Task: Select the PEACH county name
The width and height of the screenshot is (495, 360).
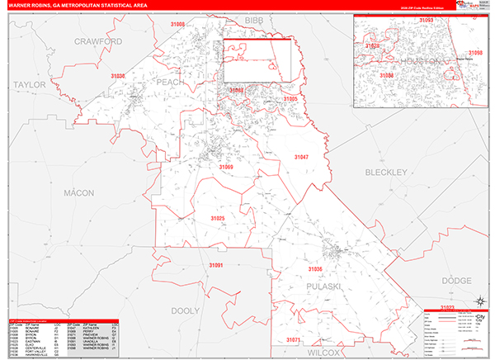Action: [x=170, y=83]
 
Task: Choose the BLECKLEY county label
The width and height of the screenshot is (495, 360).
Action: [x=386, y=173]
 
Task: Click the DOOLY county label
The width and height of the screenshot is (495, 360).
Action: [x=186, y=310]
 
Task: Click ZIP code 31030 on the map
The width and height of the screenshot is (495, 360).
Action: [x=118, y=76]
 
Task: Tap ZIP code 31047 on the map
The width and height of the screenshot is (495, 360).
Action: [x=301, y=157]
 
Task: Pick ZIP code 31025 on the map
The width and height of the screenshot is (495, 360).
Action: [x=217, y=218]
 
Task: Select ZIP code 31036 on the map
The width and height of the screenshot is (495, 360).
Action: [x=316, y=269]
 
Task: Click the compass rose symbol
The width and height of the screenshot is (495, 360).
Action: [x=481, y=301]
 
